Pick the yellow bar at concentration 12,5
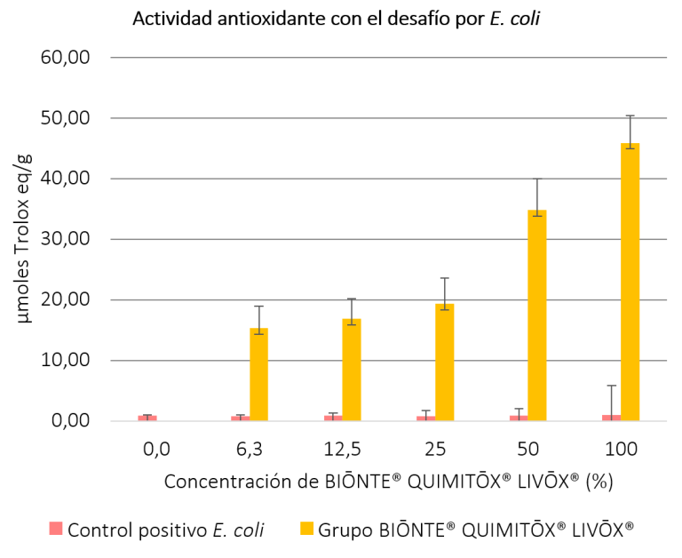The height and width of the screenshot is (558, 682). (x=352, y=370)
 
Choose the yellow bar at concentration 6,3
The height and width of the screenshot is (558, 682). (x=258, y=374)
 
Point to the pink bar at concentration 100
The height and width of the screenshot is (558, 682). (x=611, y=418)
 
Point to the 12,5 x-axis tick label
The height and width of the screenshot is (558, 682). (x=342, y=450)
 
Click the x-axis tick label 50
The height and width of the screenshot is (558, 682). (x=527, y=450)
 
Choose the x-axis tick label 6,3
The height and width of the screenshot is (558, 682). (x=250, y=450)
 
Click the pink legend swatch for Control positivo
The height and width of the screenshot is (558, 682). (x=56, y=530)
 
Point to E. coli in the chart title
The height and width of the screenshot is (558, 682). (x=515, y=19)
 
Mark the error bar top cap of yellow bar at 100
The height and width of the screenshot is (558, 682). (x=630, y=116)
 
